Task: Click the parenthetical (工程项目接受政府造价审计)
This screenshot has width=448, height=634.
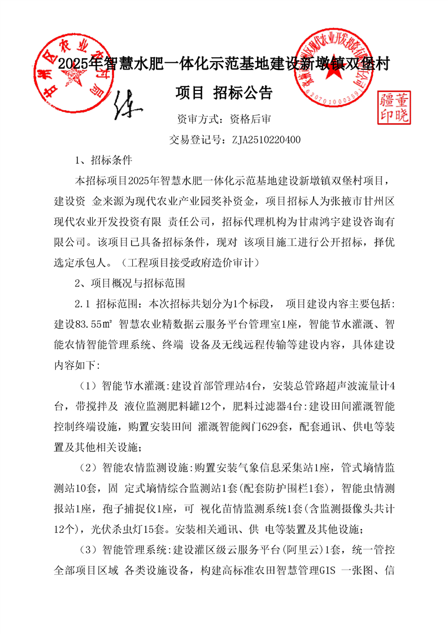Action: (x=193, y=262)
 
